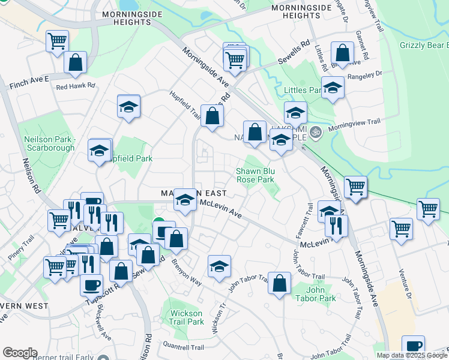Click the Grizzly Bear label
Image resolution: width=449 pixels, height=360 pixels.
[x=423, y=45]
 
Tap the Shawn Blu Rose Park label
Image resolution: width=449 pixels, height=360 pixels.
[x=255, y=175]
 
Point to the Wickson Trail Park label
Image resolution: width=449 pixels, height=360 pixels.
[x=187, y=317]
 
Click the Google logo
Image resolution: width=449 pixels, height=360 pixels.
[x=20, y=353]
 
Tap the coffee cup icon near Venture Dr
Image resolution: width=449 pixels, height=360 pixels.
[x=413, y=346]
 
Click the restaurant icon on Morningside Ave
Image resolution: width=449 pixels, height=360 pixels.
[x=336, y=226]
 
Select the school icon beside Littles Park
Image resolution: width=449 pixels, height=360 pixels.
[x=332, y=87]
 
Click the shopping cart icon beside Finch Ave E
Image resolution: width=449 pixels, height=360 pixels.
[x=57, y=41]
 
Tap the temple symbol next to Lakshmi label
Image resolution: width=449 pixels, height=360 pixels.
[x=316, y=132]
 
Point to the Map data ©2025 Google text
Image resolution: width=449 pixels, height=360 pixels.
[x=412, y=355]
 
